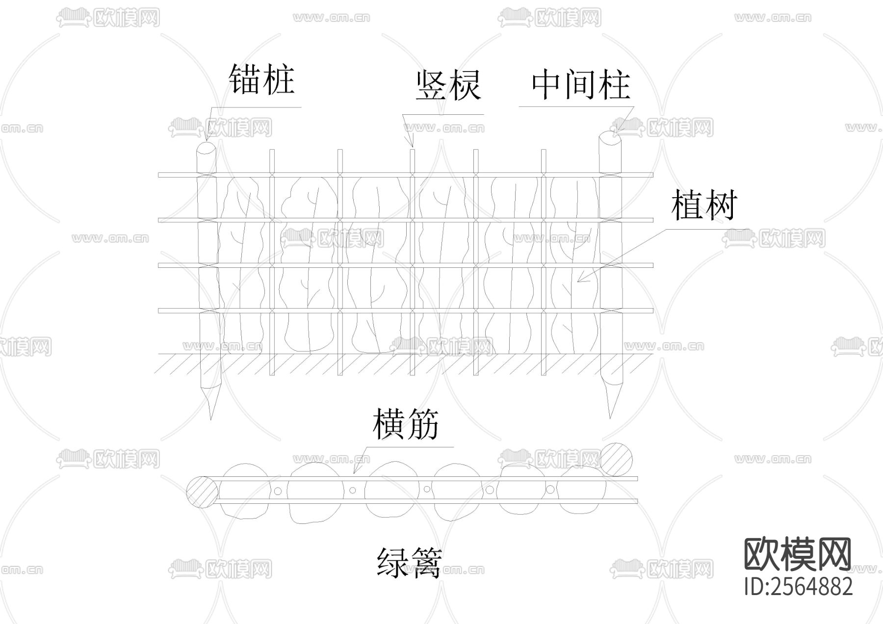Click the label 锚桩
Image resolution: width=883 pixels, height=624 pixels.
[x=261, y=79]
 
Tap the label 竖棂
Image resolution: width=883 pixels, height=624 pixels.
[x=448, y=86]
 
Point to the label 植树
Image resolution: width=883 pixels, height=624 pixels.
[x=703, y=205]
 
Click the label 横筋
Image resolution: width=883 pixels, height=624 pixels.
[x=405, y=424]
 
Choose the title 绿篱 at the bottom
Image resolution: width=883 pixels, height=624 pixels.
[x=409, y=562]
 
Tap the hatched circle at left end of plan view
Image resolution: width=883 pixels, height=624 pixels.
[x=202, y=492]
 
